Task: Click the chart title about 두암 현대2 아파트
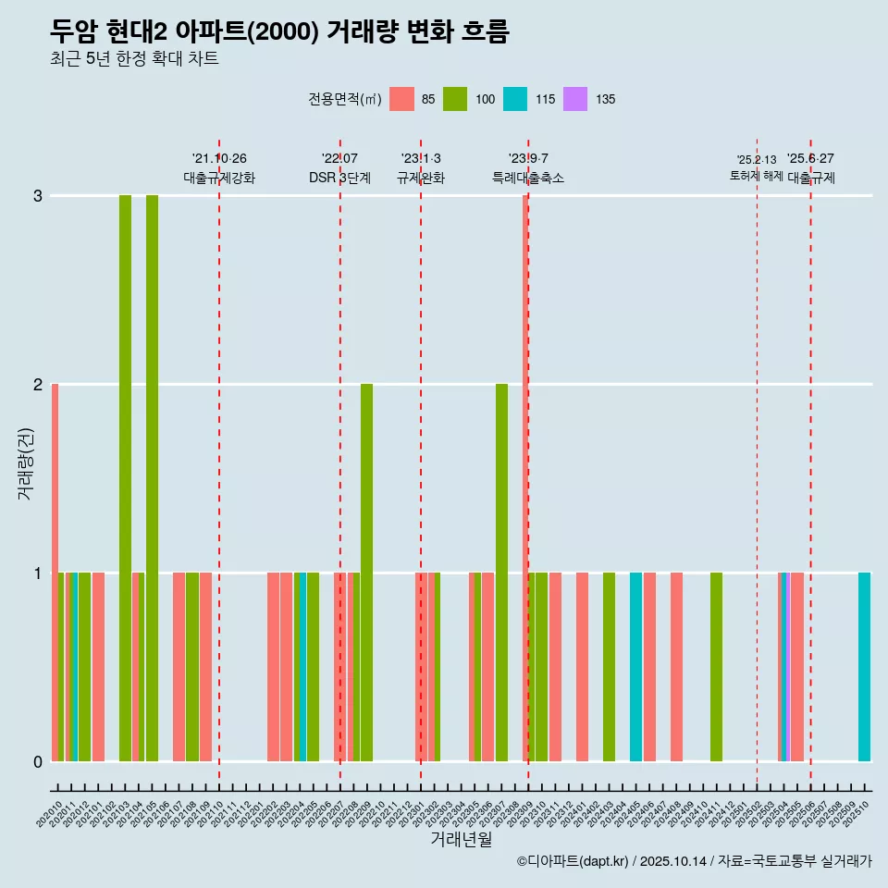tap(279, 31)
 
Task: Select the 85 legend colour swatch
tap(401, 99)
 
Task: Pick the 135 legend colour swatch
tap(575, 99)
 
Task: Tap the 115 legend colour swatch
tap(515, 99)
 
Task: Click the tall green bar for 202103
tap(125, 477)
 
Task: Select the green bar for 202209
tap(366, 572)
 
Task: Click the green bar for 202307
tap(501, 572)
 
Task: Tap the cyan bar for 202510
tap(864, 666)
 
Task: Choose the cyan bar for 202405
tap(635, 666)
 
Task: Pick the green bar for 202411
tap(716, 666)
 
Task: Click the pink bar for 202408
tap(676, 666)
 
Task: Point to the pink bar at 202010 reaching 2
tap(55, 572)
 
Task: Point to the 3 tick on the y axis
tap(38, 196)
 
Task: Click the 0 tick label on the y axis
tap(38, 761)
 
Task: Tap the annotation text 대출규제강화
tap(219, 178)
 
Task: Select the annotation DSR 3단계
tap(339, 178)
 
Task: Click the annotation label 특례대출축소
tap(528, 178)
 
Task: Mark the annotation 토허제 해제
tap(757, 175)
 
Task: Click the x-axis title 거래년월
tap(461, 838)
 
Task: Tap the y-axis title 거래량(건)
tap(26, 463)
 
